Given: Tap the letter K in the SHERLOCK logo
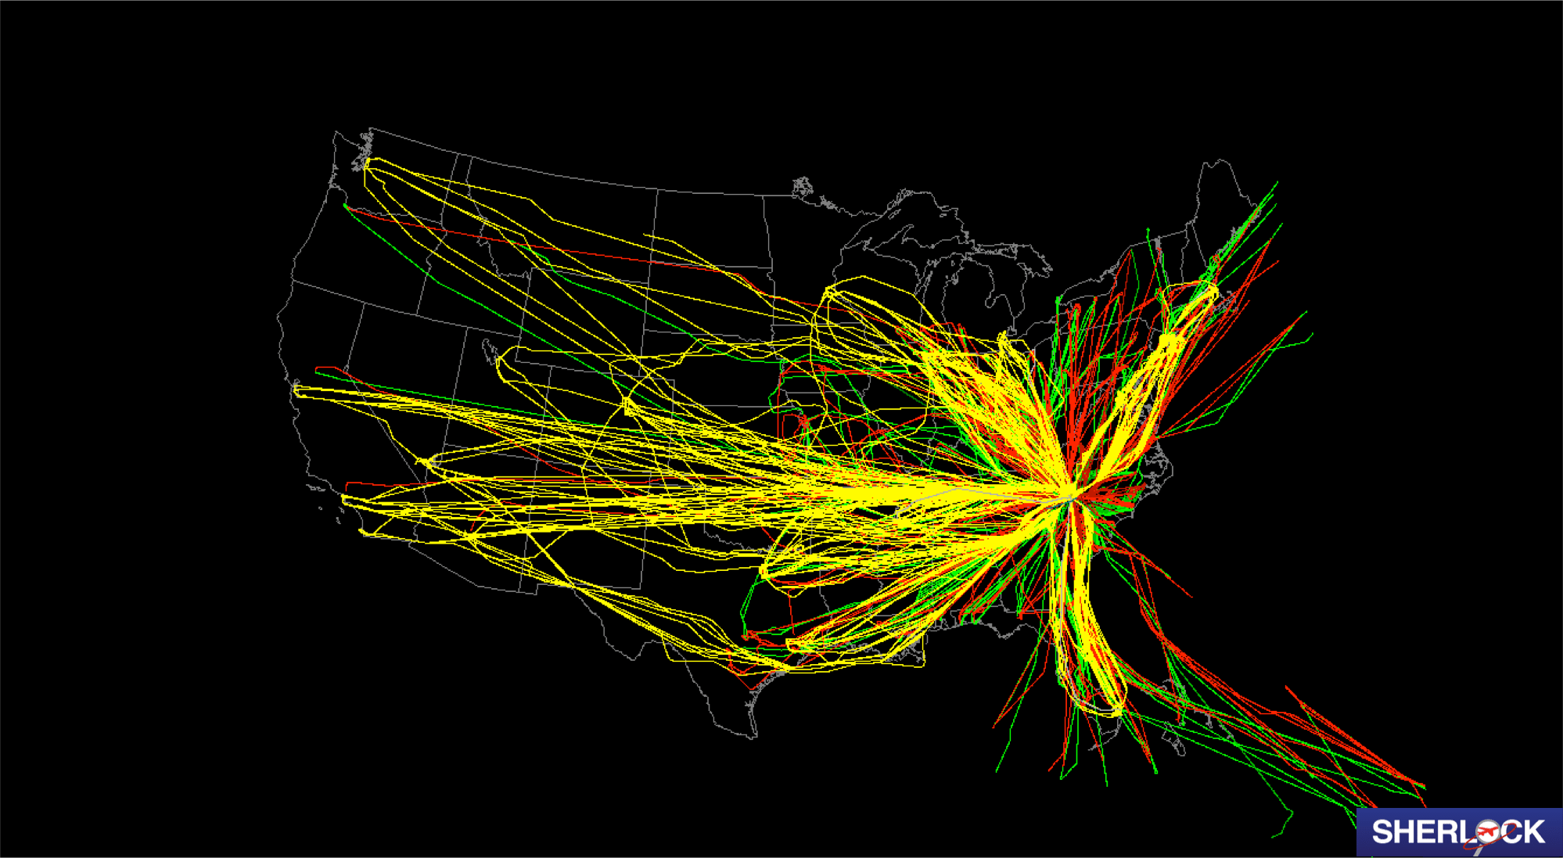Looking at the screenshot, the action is pyautogui.click(x=1534, y=832).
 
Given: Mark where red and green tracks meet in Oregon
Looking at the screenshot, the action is pyautogui.click(x=345, y=206).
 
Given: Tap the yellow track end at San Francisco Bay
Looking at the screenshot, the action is pyautogui.click(x=296, y=389).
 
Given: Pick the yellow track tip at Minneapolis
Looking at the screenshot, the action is pyautogui.click(x=828, y=293).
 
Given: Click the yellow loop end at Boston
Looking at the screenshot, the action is pyautogui.click(x=1213, y=291).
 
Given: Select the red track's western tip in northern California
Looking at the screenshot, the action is pyautogui.click(x=317, y=368).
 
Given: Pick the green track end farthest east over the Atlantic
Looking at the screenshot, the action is pyautogui.click(x=1312, y=336).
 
